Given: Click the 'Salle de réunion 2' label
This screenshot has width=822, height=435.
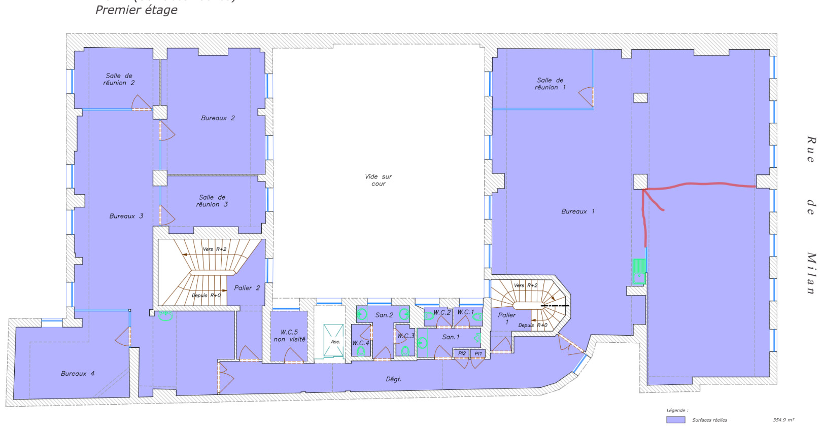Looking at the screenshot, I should click(119, 80).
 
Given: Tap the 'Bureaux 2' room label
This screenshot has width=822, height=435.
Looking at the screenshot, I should click(218, 118).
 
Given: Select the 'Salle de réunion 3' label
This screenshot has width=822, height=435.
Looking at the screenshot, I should click(212, 201).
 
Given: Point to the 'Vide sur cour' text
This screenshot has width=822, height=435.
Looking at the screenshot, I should click(378, 180).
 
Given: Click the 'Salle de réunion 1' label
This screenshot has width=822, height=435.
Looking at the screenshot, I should click(550, 84).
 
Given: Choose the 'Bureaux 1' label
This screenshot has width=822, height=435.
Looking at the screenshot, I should click(577, 211).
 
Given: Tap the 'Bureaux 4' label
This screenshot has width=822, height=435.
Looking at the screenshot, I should click(78, 374).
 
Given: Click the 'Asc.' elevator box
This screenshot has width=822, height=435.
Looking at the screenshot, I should click(335, 341).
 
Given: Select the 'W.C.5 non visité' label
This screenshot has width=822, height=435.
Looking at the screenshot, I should click(289, 336).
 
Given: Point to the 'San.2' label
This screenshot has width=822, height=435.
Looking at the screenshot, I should click(384, 315).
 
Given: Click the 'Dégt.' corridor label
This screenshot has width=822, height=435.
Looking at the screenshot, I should click(393, 379).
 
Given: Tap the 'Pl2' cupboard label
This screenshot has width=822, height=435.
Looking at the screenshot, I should click(461, 353).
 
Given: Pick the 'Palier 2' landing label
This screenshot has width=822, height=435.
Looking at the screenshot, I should click(247, 288).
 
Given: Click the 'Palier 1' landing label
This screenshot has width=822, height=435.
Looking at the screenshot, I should click(506, 318).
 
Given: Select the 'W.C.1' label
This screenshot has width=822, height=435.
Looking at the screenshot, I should click(465, 312).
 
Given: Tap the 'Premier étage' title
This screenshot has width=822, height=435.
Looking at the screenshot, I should click(136, 10).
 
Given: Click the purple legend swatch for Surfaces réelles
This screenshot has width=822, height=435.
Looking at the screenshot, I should click(675, 420).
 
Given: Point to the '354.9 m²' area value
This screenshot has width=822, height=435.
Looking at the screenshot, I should click(783, 420).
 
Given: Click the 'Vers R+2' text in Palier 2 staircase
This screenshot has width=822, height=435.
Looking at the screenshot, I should click(214, 249).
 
